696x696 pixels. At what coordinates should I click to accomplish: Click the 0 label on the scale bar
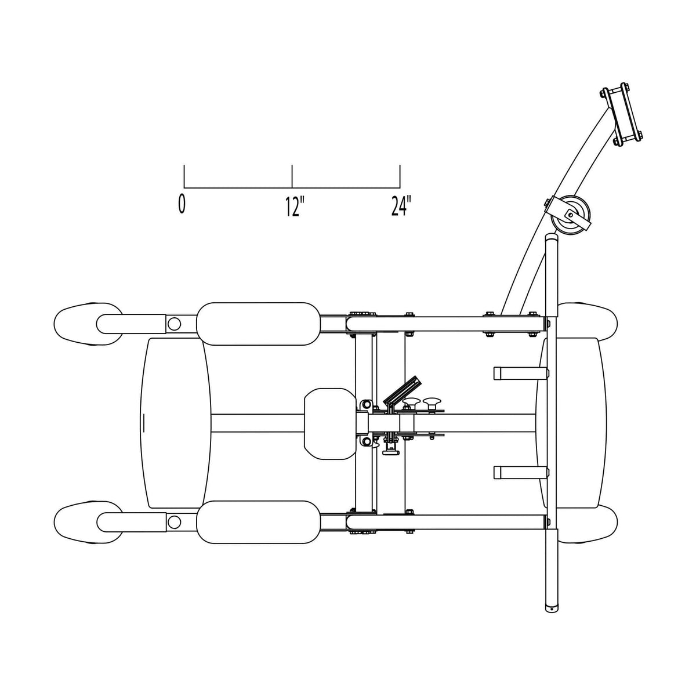(x=182, y=205)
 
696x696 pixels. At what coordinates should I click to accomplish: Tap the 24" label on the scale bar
(x=401, y=206)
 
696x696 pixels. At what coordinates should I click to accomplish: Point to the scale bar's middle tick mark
(x=292, y=176)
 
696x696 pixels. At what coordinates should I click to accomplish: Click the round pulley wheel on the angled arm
(x=570, y=216)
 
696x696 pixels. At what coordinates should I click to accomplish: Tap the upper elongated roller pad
(x=258, y=324)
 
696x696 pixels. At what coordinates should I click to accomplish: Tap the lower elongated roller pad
(x=258, y=522)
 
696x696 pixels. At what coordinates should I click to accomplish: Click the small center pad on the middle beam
(x=330, y=423)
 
